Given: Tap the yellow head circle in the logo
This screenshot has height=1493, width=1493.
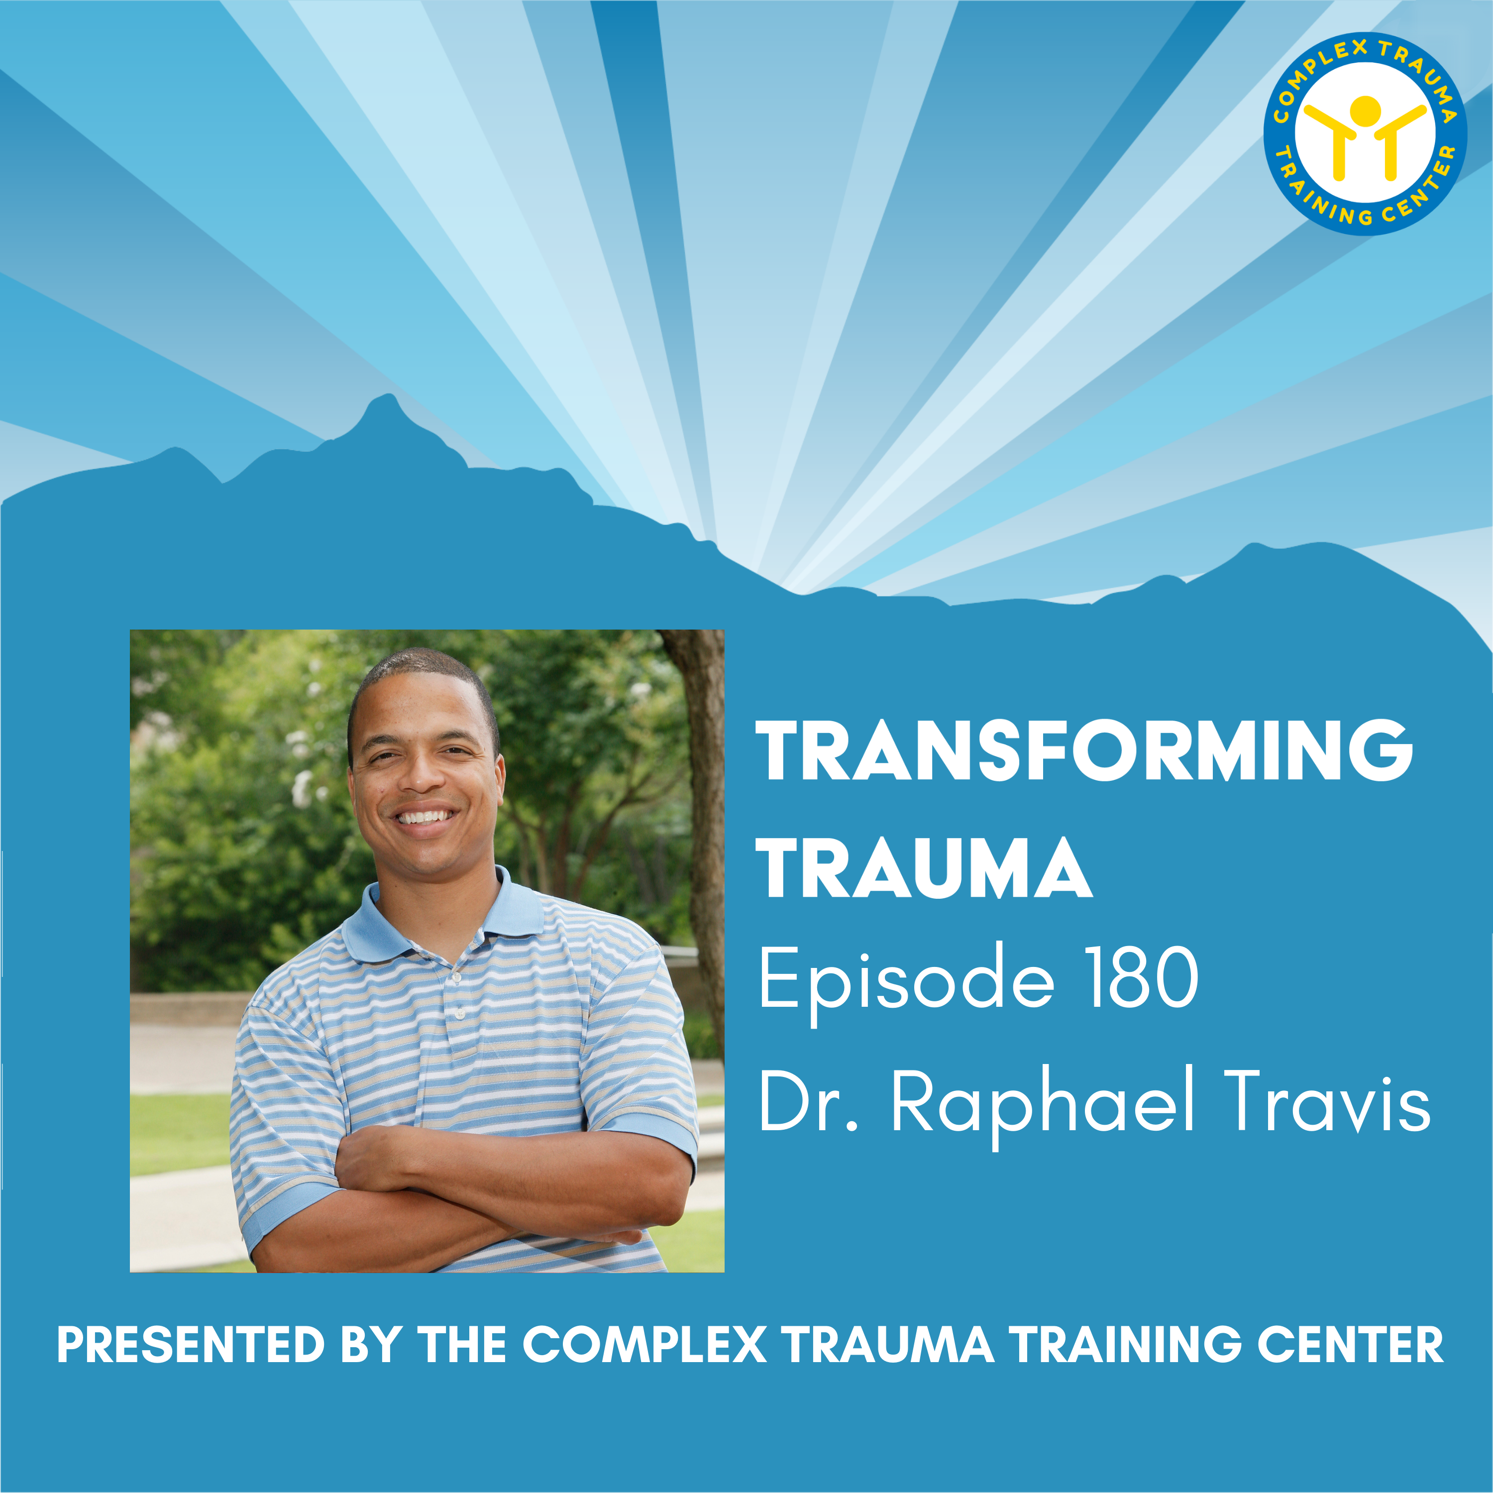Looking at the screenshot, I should click(x=1366, y=109).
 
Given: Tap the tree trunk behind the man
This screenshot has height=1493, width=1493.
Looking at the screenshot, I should click(x=703, y=773).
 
